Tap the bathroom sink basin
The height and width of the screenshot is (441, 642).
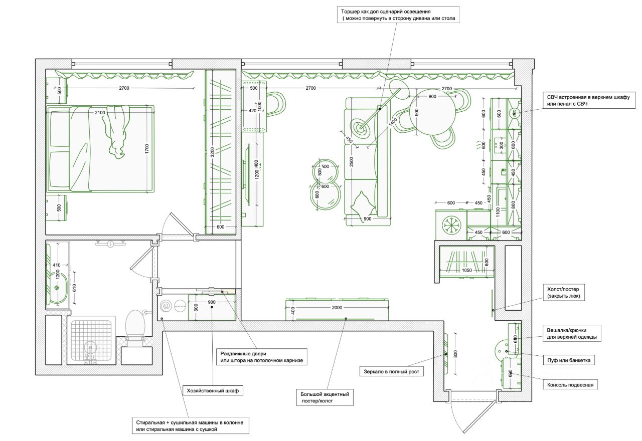click(57, 288)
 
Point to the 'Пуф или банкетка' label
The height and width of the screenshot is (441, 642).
click(568, 360)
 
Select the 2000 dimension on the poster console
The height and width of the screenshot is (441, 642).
click(337, 308)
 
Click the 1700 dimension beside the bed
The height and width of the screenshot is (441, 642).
click(147, 149)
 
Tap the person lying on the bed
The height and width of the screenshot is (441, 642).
click(116, 131)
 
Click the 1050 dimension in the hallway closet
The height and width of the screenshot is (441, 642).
click(467, 270)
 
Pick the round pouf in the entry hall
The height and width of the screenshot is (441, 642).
click(504, 347)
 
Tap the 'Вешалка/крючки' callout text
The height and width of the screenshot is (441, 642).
click(572, 334)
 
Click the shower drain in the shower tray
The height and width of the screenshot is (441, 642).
click(90, 346)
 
